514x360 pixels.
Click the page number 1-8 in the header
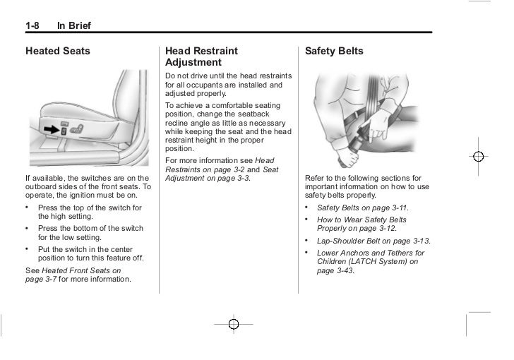click(32, 27)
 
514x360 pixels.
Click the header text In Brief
click(74, 27)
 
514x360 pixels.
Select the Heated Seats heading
click(58, 52)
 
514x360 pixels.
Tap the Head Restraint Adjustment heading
click(201, 57)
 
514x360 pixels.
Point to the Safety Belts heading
click(334, 52)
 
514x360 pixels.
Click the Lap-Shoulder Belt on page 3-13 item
click(373, 241)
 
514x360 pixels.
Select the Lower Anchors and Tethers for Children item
click(371, 261)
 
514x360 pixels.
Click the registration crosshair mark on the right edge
click(479, 156)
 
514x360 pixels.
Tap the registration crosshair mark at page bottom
click(234, 324)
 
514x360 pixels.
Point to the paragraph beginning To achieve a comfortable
click(222, 127)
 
